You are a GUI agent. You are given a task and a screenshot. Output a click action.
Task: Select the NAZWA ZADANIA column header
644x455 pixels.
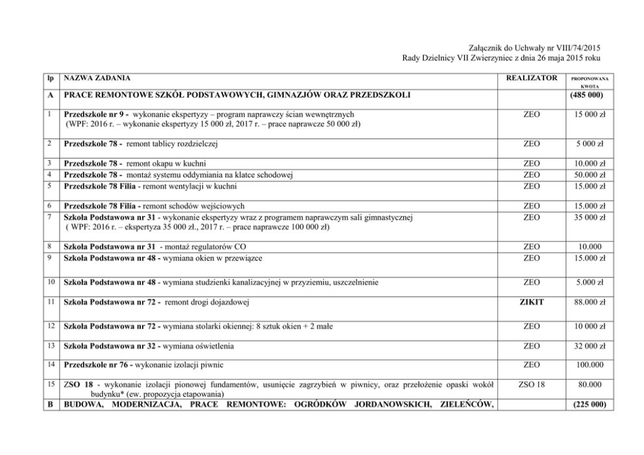(95, 78)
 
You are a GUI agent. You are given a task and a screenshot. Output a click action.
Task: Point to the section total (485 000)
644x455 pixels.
(587, 96)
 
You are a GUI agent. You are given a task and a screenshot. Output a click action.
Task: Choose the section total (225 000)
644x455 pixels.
(587, 406)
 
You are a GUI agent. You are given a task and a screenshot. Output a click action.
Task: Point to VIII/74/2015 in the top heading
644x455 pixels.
(576, 48)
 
